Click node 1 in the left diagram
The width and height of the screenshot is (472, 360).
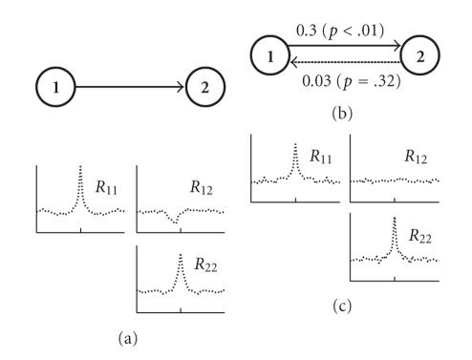click(x=56, y=91)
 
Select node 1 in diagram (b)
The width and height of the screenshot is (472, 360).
click(x=272, y=56)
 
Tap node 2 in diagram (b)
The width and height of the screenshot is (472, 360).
click(x=421, y=56)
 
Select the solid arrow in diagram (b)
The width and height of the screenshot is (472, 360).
click(x=346, y=45)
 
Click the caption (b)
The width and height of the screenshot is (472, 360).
click(x=346, y=111)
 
